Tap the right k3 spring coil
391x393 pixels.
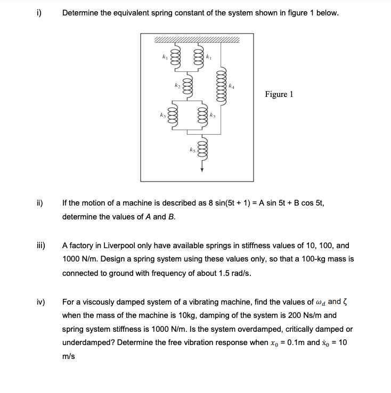202,114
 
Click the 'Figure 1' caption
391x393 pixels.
279,94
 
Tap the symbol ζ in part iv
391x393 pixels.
344,302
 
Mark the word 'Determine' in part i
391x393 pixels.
80,12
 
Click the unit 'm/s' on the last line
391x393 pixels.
68,357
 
